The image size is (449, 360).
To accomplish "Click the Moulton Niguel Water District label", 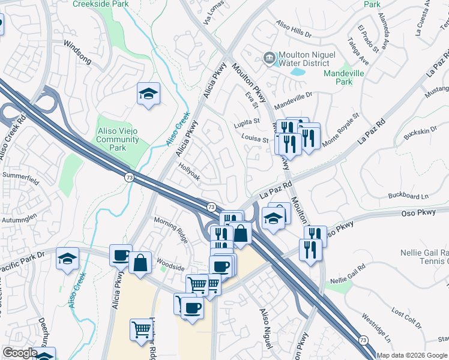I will pos(304,58).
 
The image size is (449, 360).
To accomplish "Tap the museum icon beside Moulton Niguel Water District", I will pos(270,58).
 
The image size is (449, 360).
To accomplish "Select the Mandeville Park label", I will pos(346,77).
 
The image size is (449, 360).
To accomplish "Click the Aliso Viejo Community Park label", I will pos(118,136).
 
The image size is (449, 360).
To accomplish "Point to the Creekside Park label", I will pos(100,4).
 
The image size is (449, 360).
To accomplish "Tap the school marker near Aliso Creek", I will pos(148,94).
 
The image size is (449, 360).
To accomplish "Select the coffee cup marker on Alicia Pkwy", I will pos(121,256).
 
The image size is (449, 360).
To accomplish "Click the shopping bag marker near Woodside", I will pos(140,262).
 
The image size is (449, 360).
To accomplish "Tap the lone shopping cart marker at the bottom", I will pos(142,329).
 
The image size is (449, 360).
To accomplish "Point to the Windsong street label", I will pos(77,45).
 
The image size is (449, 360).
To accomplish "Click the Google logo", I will pos(20,353).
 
